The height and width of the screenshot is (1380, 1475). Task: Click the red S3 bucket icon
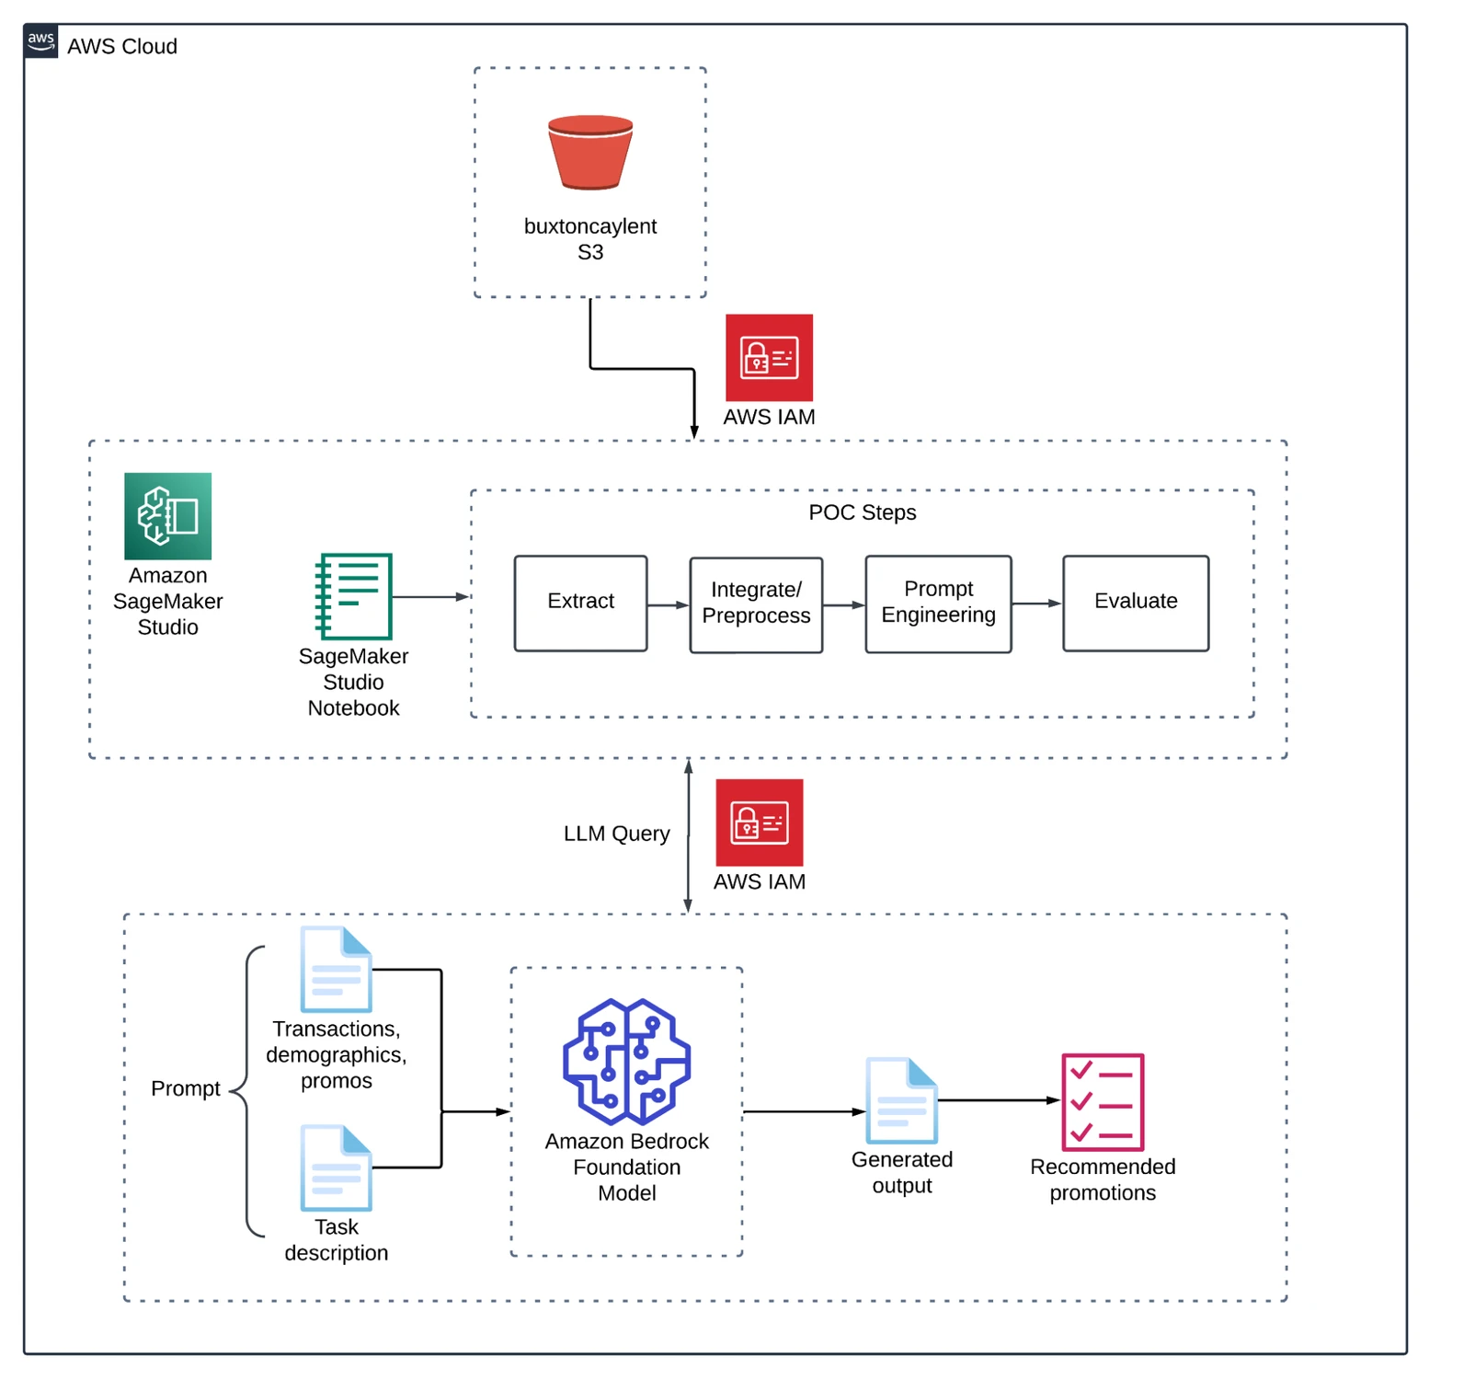pos(589,153)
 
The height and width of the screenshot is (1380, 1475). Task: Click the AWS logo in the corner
pos(41,41)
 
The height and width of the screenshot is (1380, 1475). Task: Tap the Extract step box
pos(580,603)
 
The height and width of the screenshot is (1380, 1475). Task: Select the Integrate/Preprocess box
pos(756,604)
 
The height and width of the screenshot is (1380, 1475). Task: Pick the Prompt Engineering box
pos(938,604)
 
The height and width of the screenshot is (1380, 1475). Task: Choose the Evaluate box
pos(1135,603)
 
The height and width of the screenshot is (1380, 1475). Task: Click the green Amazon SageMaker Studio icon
pos(167,516)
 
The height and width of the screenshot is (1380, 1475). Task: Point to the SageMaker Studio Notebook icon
pos(354,596)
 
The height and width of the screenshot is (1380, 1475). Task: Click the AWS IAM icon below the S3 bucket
pos(769,358)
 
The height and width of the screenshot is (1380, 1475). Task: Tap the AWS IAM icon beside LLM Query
pos(759,822)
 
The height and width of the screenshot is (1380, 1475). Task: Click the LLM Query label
pos(616,834)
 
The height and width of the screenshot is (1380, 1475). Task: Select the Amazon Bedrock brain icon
pos(626,1062)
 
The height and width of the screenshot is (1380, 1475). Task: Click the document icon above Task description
pos(337,1168)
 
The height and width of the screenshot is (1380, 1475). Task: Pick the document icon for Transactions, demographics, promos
pos(337,970)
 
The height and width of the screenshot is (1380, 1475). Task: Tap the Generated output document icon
pos(901,1100)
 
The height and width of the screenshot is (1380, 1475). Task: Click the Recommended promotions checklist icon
pos(1103,1101)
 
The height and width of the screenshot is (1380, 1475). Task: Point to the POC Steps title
pos(862,512)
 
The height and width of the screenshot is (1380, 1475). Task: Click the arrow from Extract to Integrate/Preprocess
pos(668,605)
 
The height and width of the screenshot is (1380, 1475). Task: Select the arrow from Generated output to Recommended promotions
pos(999,1100)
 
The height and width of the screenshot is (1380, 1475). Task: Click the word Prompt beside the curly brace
pos(185,1088)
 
